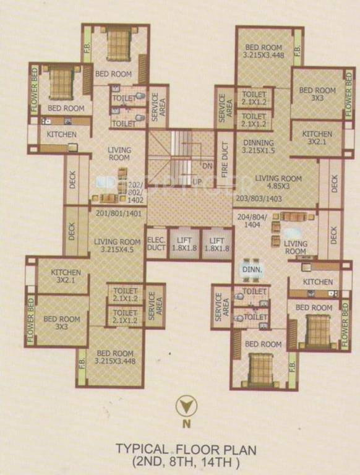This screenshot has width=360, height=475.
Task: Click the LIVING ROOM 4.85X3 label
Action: point(278,182)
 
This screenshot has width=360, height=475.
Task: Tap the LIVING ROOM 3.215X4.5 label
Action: point(118,246)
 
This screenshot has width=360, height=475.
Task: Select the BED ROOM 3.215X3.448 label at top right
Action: point(264,51)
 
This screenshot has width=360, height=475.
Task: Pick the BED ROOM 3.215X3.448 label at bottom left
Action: point(115,357)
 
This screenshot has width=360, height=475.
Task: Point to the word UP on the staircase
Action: point(197,182)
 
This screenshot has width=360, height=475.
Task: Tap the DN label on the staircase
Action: point(207,165)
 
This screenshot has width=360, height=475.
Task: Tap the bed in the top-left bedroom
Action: point(117,43)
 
